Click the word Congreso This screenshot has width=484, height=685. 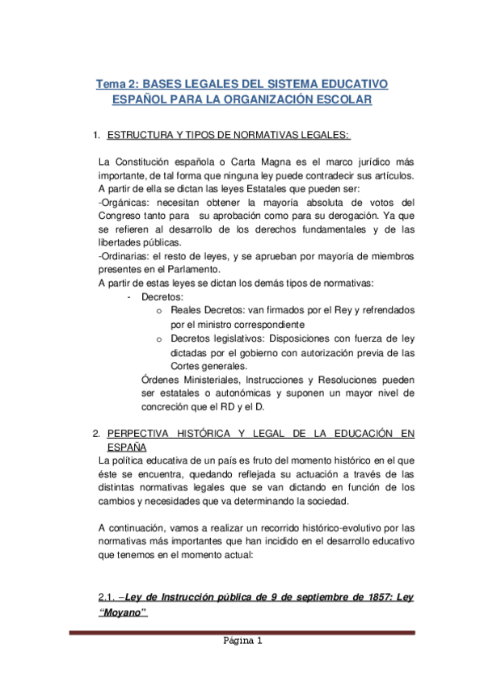pyautogui.click(x=120, y=216)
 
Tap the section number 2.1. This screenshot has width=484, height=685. pyautogui.click(x=107, y=597)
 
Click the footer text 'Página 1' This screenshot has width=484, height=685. pyautogui.click(x=242, y=642)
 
